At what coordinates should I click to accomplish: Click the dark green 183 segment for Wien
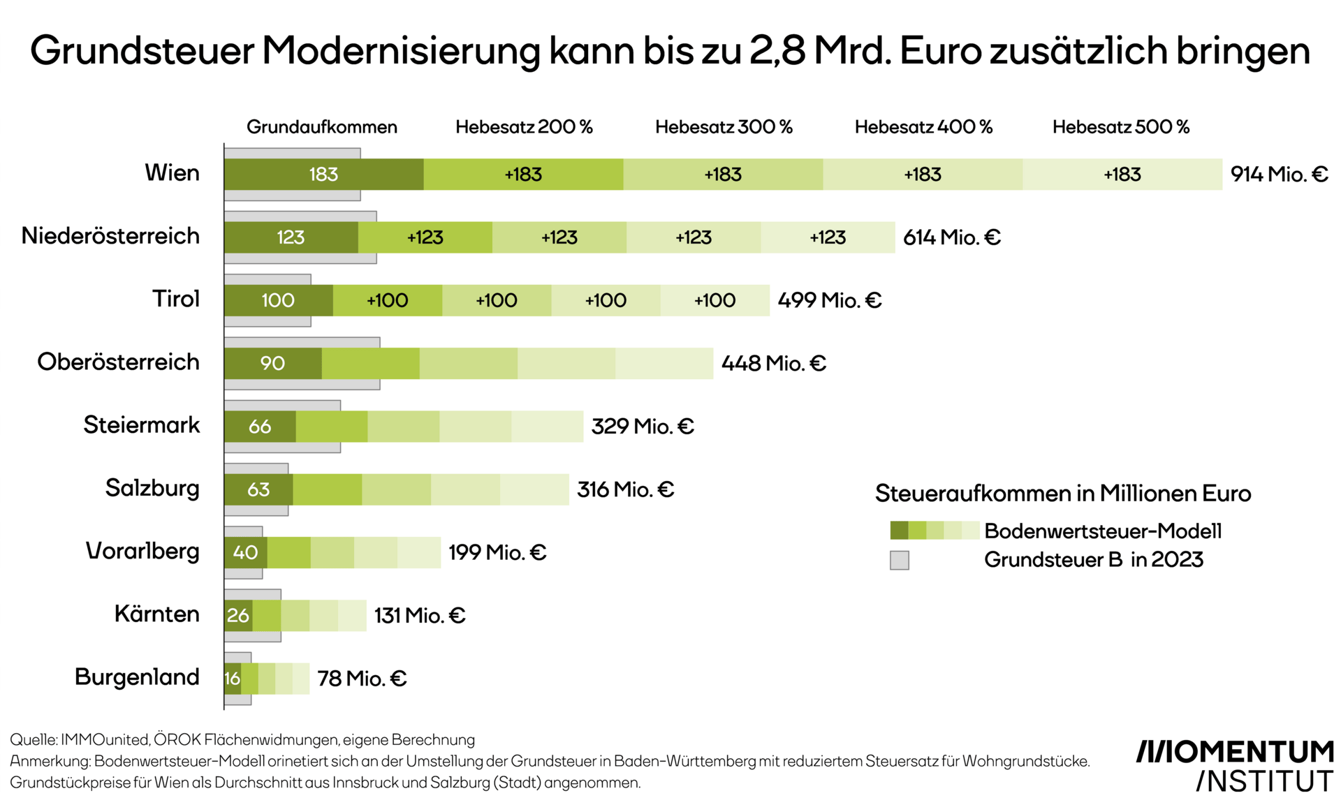tap(323, 174)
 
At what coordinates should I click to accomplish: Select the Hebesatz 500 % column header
tap(1120, 127)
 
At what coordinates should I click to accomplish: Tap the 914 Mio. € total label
tap(1279, 174)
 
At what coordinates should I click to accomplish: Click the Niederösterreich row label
tap(110, 236)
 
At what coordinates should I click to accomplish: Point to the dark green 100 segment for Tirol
tap(278, 300)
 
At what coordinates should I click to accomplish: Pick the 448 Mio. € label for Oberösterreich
tap(773, 363)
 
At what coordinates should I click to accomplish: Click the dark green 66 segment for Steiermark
tap(260, 427)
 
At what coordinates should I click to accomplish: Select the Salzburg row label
tap(152, 488)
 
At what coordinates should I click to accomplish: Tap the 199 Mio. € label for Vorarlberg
tap(497, 552)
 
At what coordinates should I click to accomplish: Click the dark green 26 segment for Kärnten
tap(237, 615)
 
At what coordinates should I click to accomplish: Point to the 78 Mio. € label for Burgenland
tap(361, 678)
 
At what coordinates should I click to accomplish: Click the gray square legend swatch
tap(899, 560)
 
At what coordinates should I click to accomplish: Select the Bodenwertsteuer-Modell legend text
tap(1102, 531)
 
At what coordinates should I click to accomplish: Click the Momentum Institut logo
tap(1235, 765)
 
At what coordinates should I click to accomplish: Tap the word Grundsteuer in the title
tap(142, 51)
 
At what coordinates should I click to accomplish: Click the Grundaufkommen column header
tap(321, 127)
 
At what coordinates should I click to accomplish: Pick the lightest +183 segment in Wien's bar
tap(1122, 174)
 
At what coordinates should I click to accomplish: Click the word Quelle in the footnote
tap(33, 739)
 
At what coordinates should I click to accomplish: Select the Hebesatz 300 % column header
tap(723, 127)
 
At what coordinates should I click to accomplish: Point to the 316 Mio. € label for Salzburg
tap(625, 489)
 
